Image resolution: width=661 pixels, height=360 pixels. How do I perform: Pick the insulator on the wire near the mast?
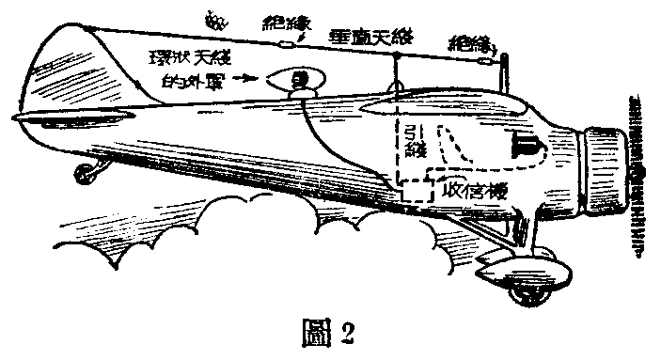tap(484, 61)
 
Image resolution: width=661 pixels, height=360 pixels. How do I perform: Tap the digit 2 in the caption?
tap(349, 334)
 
